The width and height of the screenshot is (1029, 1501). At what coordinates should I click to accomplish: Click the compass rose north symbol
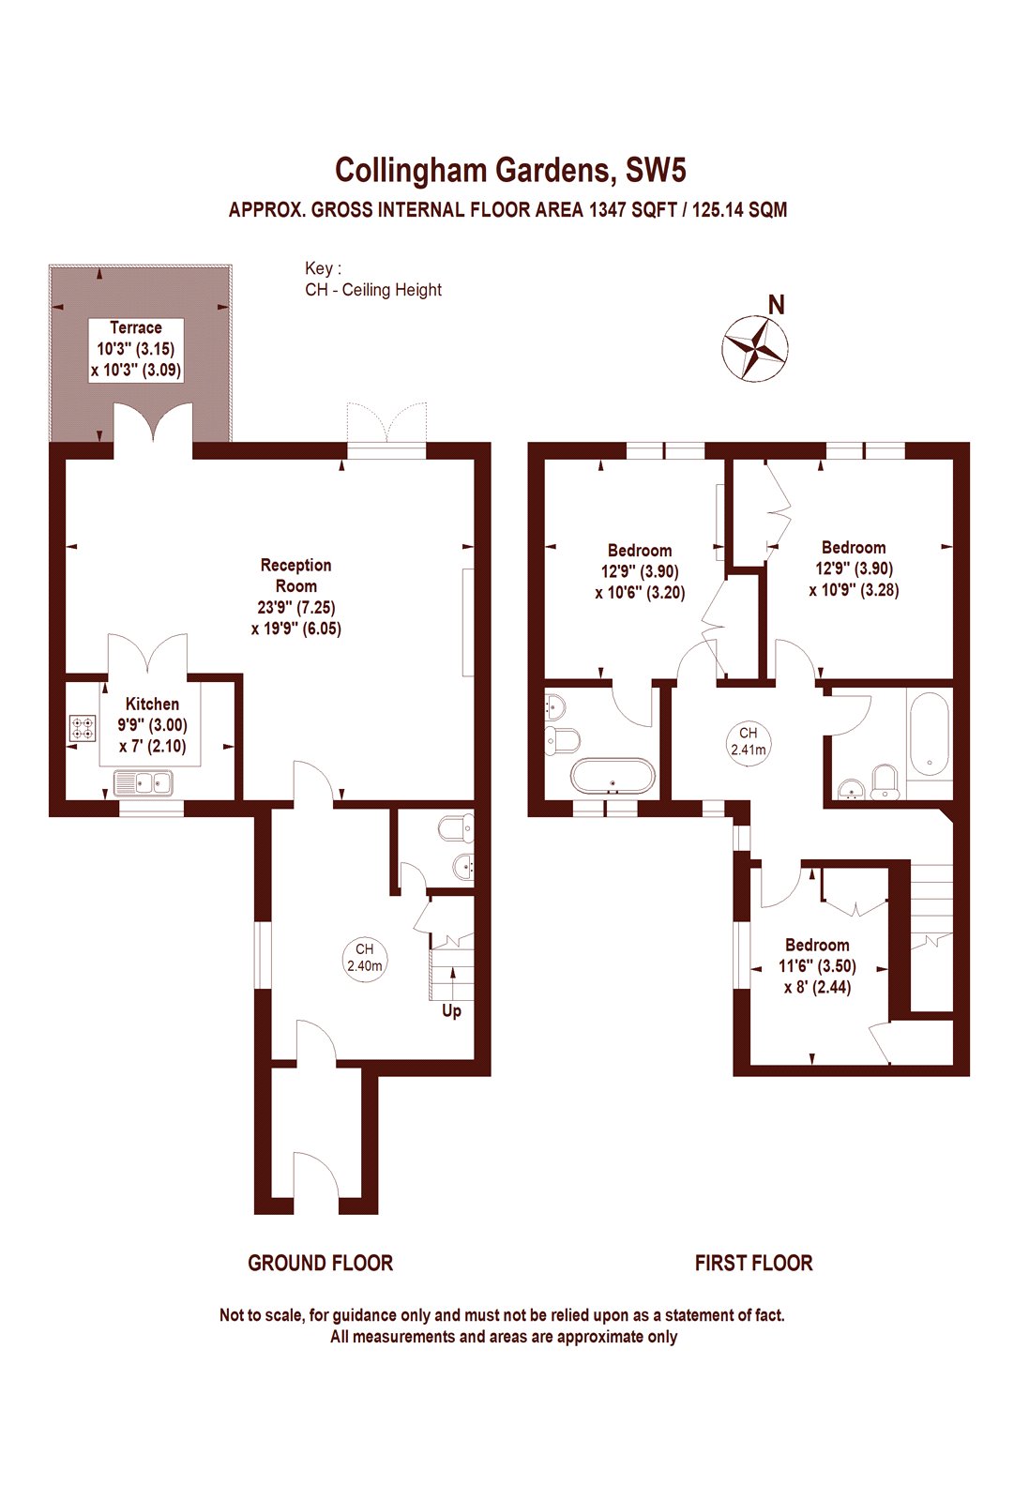pos(755,348)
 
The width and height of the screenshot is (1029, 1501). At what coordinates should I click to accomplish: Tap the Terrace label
pos(136,327)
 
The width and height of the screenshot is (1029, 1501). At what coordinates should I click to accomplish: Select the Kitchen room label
pos(152,704)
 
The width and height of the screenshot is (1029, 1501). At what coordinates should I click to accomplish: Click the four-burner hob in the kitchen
pos(83,728)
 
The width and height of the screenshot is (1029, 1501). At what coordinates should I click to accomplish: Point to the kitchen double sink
pos(144,781)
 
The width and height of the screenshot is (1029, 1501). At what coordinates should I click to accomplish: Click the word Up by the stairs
pos(451,1011)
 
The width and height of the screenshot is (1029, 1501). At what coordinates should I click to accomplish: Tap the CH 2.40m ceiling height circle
pos(364,958)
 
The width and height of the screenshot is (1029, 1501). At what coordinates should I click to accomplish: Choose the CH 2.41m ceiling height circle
pos(748,741)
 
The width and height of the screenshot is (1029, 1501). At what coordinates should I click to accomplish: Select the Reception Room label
pos(295,575)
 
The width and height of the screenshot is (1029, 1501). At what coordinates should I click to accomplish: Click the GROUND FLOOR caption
pos(320,1264)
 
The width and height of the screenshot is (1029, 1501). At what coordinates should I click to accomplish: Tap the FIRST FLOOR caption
pos(753,1264)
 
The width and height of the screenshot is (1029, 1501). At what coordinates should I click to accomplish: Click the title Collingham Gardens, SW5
pos(511,170)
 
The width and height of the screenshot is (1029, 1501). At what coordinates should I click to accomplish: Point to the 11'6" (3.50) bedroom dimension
pos(817,965)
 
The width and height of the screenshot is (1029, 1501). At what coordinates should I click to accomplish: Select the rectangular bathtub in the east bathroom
pos(928,733)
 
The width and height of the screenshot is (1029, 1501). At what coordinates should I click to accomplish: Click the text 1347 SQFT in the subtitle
pos(632,210)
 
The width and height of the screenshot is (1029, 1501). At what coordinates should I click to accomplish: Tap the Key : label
pos(323,268)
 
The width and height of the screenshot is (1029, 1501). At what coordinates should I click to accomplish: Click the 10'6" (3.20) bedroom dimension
pos(640,593)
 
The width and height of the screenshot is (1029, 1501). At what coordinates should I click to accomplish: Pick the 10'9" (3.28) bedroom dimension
pos(854,590)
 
